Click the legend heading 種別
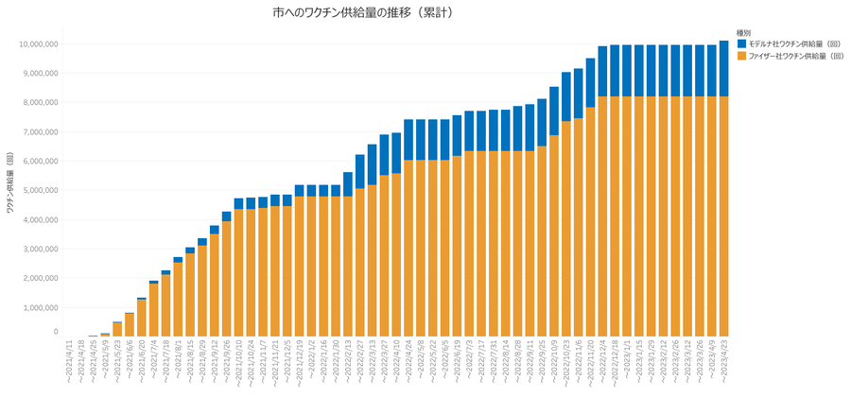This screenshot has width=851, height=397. [744, 32]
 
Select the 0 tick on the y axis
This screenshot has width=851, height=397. [56, 332]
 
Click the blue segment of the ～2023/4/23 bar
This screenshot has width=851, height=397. [723, 68]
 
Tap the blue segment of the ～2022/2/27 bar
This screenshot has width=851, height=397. [360, 171]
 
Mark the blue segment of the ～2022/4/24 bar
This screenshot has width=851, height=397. [408, 140]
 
